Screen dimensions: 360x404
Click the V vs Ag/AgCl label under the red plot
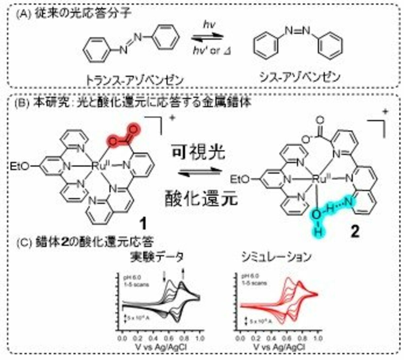tap(278, 347)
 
